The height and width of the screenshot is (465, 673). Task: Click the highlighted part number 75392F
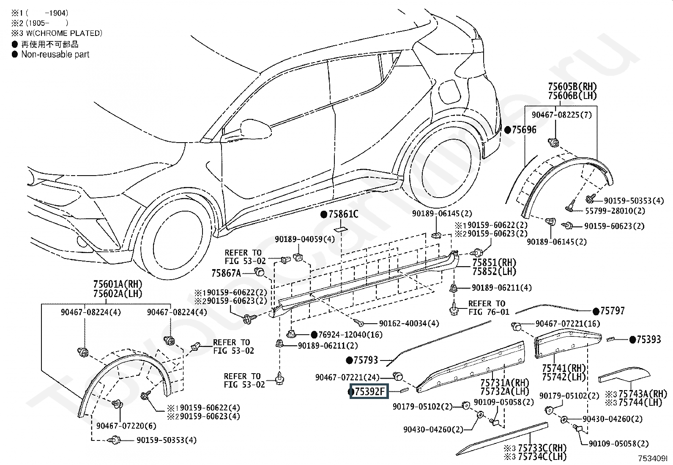[x=370, y=392]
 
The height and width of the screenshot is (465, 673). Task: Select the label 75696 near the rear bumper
[x=524, y=129]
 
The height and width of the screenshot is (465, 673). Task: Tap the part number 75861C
[x=343, y=214]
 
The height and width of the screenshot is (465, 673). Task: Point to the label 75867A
[x=226, y=273]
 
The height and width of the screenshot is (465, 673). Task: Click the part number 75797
[x=612, y=311]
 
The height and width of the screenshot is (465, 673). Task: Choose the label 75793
[x=366, y=360]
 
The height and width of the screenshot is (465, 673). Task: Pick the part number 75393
[x=648, y=339]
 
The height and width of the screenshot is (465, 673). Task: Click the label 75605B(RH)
[x=572, y=87]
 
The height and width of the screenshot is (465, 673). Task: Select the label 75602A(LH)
[x=118, y=294]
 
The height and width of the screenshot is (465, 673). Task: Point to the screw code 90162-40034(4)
[x=409, y=323]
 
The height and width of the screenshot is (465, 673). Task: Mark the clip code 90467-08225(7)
[x=561, y=115]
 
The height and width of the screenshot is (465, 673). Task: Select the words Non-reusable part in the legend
[x=55, y=54]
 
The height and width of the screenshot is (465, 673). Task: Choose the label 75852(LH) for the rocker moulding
[x=494, y=272]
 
